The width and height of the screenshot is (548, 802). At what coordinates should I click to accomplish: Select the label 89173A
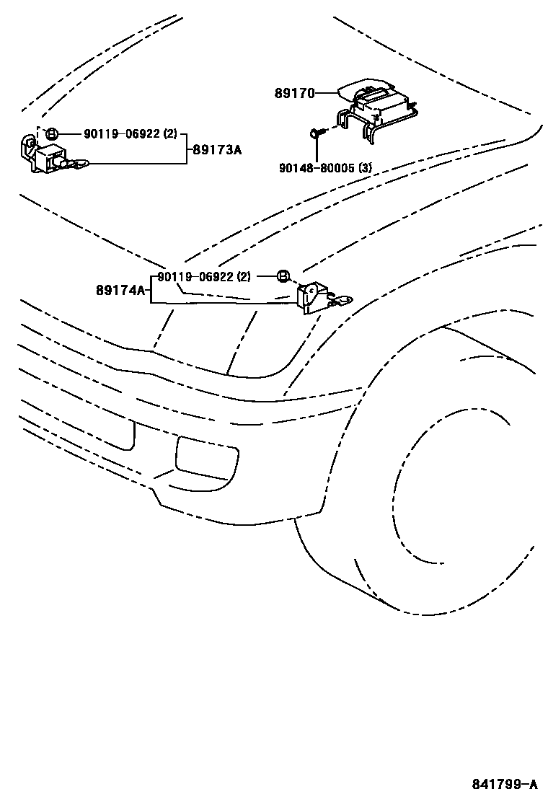(216, 150)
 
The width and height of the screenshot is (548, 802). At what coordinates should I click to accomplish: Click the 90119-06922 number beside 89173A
(121, 133)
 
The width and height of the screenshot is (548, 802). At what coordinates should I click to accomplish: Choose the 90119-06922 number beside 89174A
(194, 276)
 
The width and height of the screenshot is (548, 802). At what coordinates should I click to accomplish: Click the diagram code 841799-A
(505, 784)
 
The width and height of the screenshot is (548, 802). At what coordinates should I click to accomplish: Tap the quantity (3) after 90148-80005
(365, 168)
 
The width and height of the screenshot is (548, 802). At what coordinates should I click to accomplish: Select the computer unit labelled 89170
(379, 101)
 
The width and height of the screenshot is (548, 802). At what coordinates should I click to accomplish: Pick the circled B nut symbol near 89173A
(51, 133)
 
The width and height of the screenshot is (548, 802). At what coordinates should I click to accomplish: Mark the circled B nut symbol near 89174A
(283, 276)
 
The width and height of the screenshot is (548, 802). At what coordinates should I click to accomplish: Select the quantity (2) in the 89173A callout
(170, 133)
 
